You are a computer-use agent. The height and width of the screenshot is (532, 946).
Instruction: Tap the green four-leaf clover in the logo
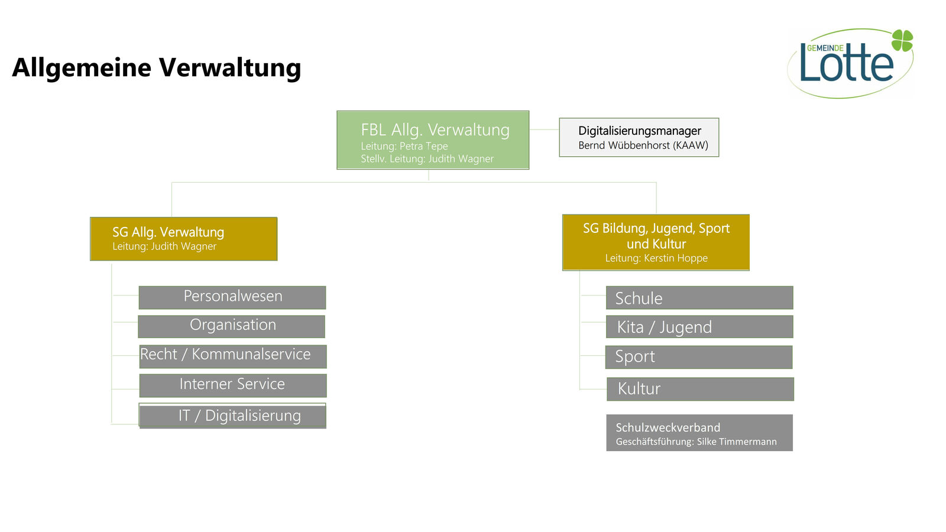pyautogui.click(x=902, y=41)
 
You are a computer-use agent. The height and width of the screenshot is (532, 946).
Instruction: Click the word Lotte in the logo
pyautogui.click(x=847, y=63)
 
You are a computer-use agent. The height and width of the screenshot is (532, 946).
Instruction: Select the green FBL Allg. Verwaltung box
pyautogui.click(x=433, y=140)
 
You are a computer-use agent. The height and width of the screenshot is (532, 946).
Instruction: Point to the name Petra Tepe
pyautogui.click(x=423, y=146)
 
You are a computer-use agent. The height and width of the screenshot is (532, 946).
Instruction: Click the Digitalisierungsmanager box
pyautogui.click(x=639, y=137)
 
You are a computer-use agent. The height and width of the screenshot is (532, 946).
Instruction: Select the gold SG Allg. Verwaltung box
pyautogui.click(x=184, y=239)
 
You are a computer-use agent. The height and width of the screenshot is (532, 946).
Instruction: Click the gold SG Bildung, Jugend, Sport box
pyautogui.click(x=656, y=242)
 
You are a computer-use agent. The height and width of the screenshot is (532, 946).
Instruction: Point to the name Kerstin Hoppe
pyautogui.click(x=676, y=258)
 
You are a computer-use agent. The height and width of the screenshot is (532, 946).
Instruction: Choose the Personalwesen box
pyautogui.click(x=232, y=297)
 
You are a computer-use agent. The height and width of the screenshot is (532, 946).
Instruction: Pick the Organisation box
pyautogui.click(x=231, y=326)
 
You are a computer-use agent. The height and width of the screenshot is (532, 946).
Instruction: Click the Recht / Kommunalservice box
pyautogui.click(x=233, y=356)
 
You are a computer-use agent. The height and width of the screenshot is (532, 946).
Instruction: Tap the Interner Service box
pyautogui.click(x=233, y=385)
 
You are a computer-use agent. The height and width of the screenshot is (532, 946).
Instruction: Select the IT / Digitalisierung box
pyautogui.click(x=232, y=416)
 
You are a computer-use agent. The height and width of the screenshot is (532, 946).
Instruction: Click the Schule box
pyautogui.click(x=699, y=298)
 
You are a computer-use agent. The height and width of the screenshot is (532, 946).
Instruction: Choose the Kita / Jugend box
pyautogui.click(x=699, y=327)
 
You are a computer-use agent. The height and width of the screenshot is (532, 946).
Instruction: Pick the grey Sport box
pyautogui.click(x=699, y=357)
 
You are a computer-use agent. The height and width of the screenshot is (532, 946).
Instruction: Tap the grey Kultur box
pyautogui.click(x=700, y=389)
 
